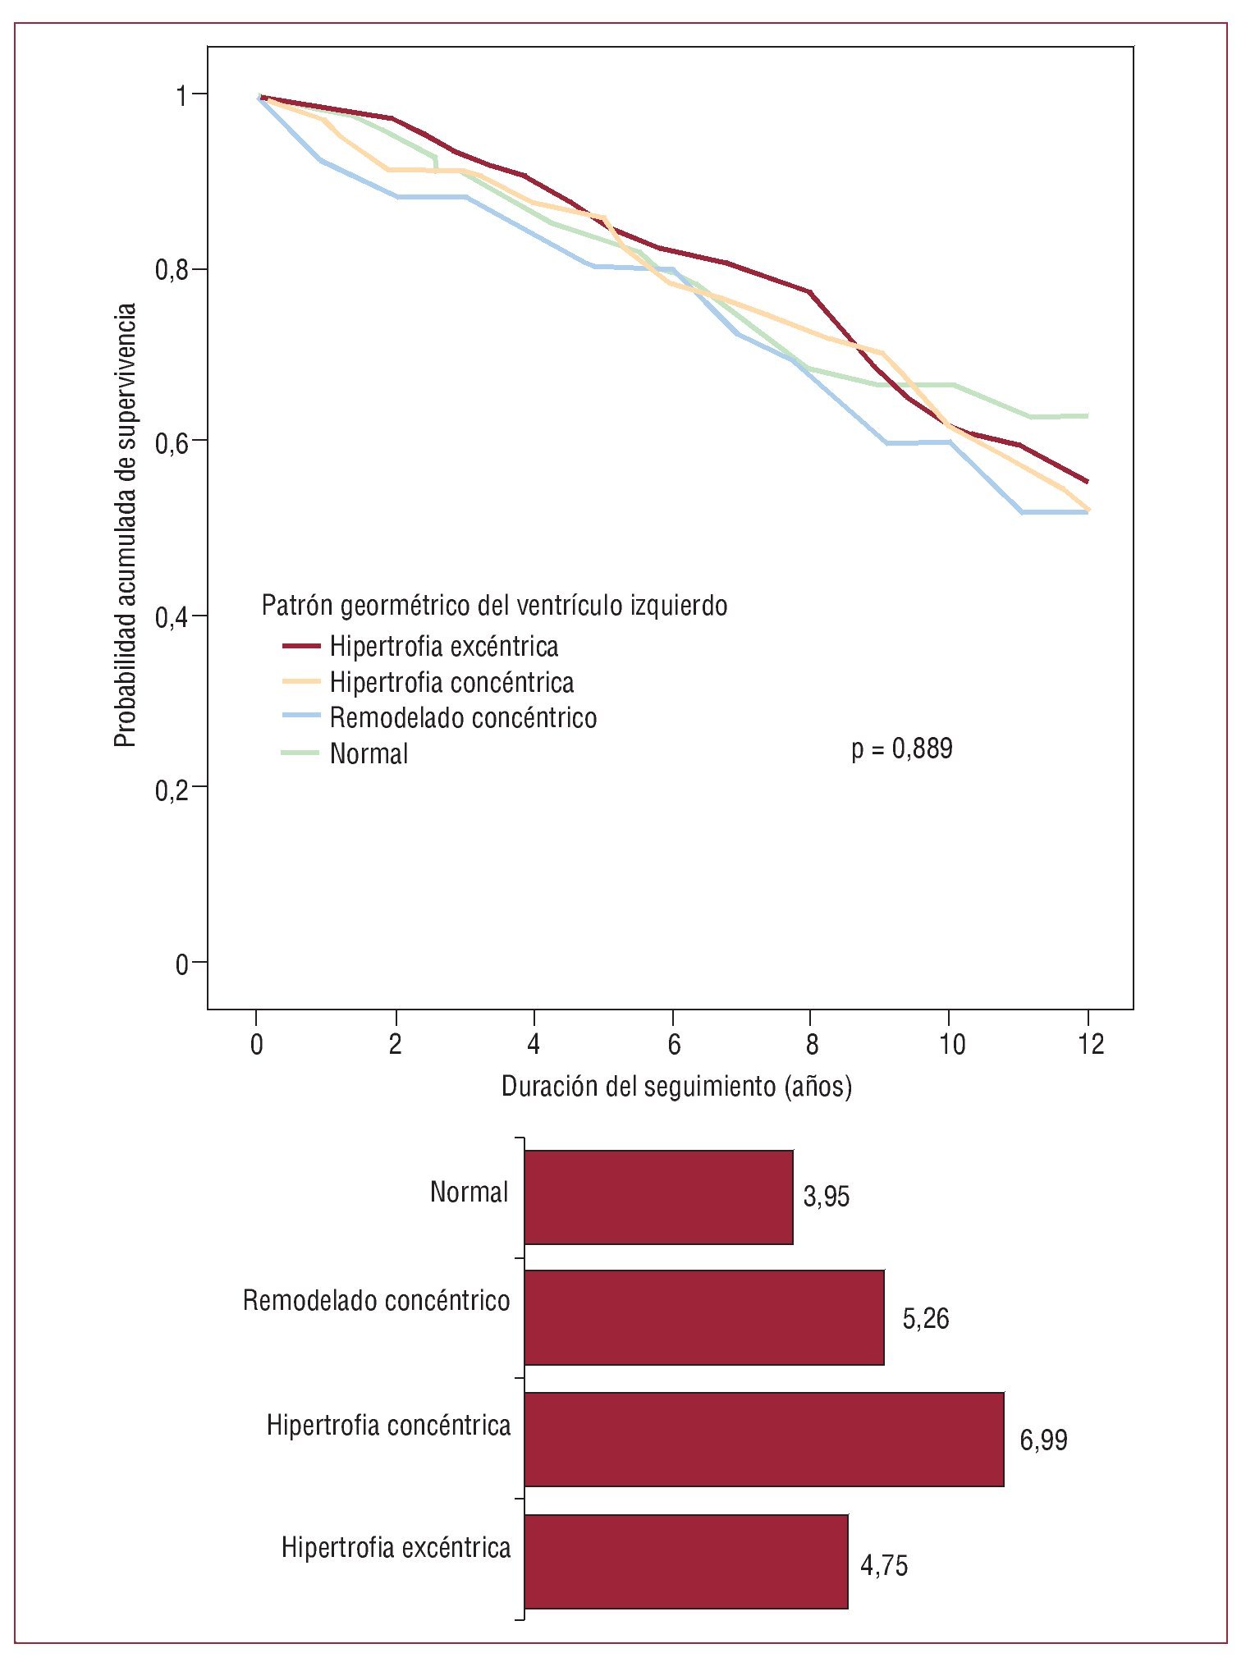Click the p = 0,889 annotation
click(x=901, y=749)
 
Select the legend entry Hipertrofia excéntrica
click(x=443, y=647)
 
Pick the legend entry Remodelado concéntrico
click(x=463, y=718)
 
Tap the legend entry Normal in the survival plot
click(x=369, y=753)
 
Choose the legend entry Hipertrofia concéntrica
click(x=451, y=682)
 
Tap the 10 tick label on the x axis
click(x=951, y=1045)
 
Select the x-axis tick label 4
click(x=534, y=1045)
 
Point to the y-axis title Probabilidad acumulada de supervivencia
click(x=125, y=525)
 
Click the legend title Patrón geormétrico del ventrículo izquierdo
click(x=494, y=606)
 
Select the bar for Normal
click(x=658, y=1197)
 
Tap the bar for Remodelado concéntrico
click(x=703, y=1317)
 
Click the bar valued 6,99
click(x=763, y=1439)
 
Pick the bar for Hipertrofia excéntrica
click(x=685, y=1561)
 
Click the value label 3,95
click(x=826, y=1197)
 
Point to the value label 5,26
click(x=925, y=1318)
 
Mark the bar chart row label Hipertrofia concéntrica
click(x=388, y=1426)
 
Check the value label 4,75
click(x=883, y=1566)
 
